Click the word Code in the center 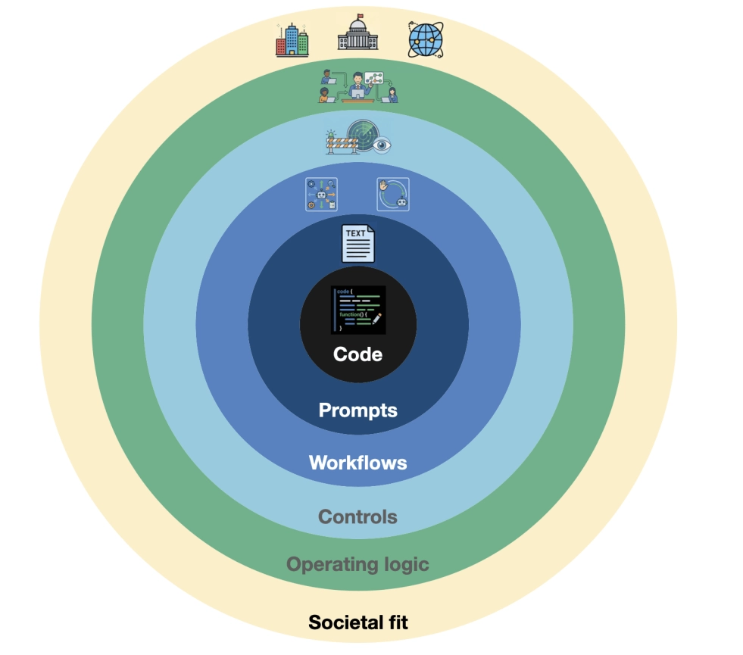tap(357, 354)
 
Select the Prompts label tap(357, 410)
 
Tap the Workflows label tap(357, 463)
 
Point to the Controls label tap(357, 516)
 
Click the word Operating tap(332, 565)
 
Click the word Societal tap(346, 622)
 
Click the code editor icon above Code tap(358, 310)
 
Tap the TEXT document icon tap(358, 243)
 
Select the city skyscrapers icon tap(292, 40)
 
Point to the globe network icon tap(426, 40)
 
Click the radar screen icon tap(363, 136)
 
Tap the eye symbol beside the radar tap(382, 145)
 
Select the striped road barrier tap(342, 144)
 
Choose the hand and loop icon tap(393, 194)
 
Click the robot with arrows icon tap(321, 194)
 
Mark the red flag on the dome tap(361, 16)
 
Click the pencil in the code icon tap(376, 319)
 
